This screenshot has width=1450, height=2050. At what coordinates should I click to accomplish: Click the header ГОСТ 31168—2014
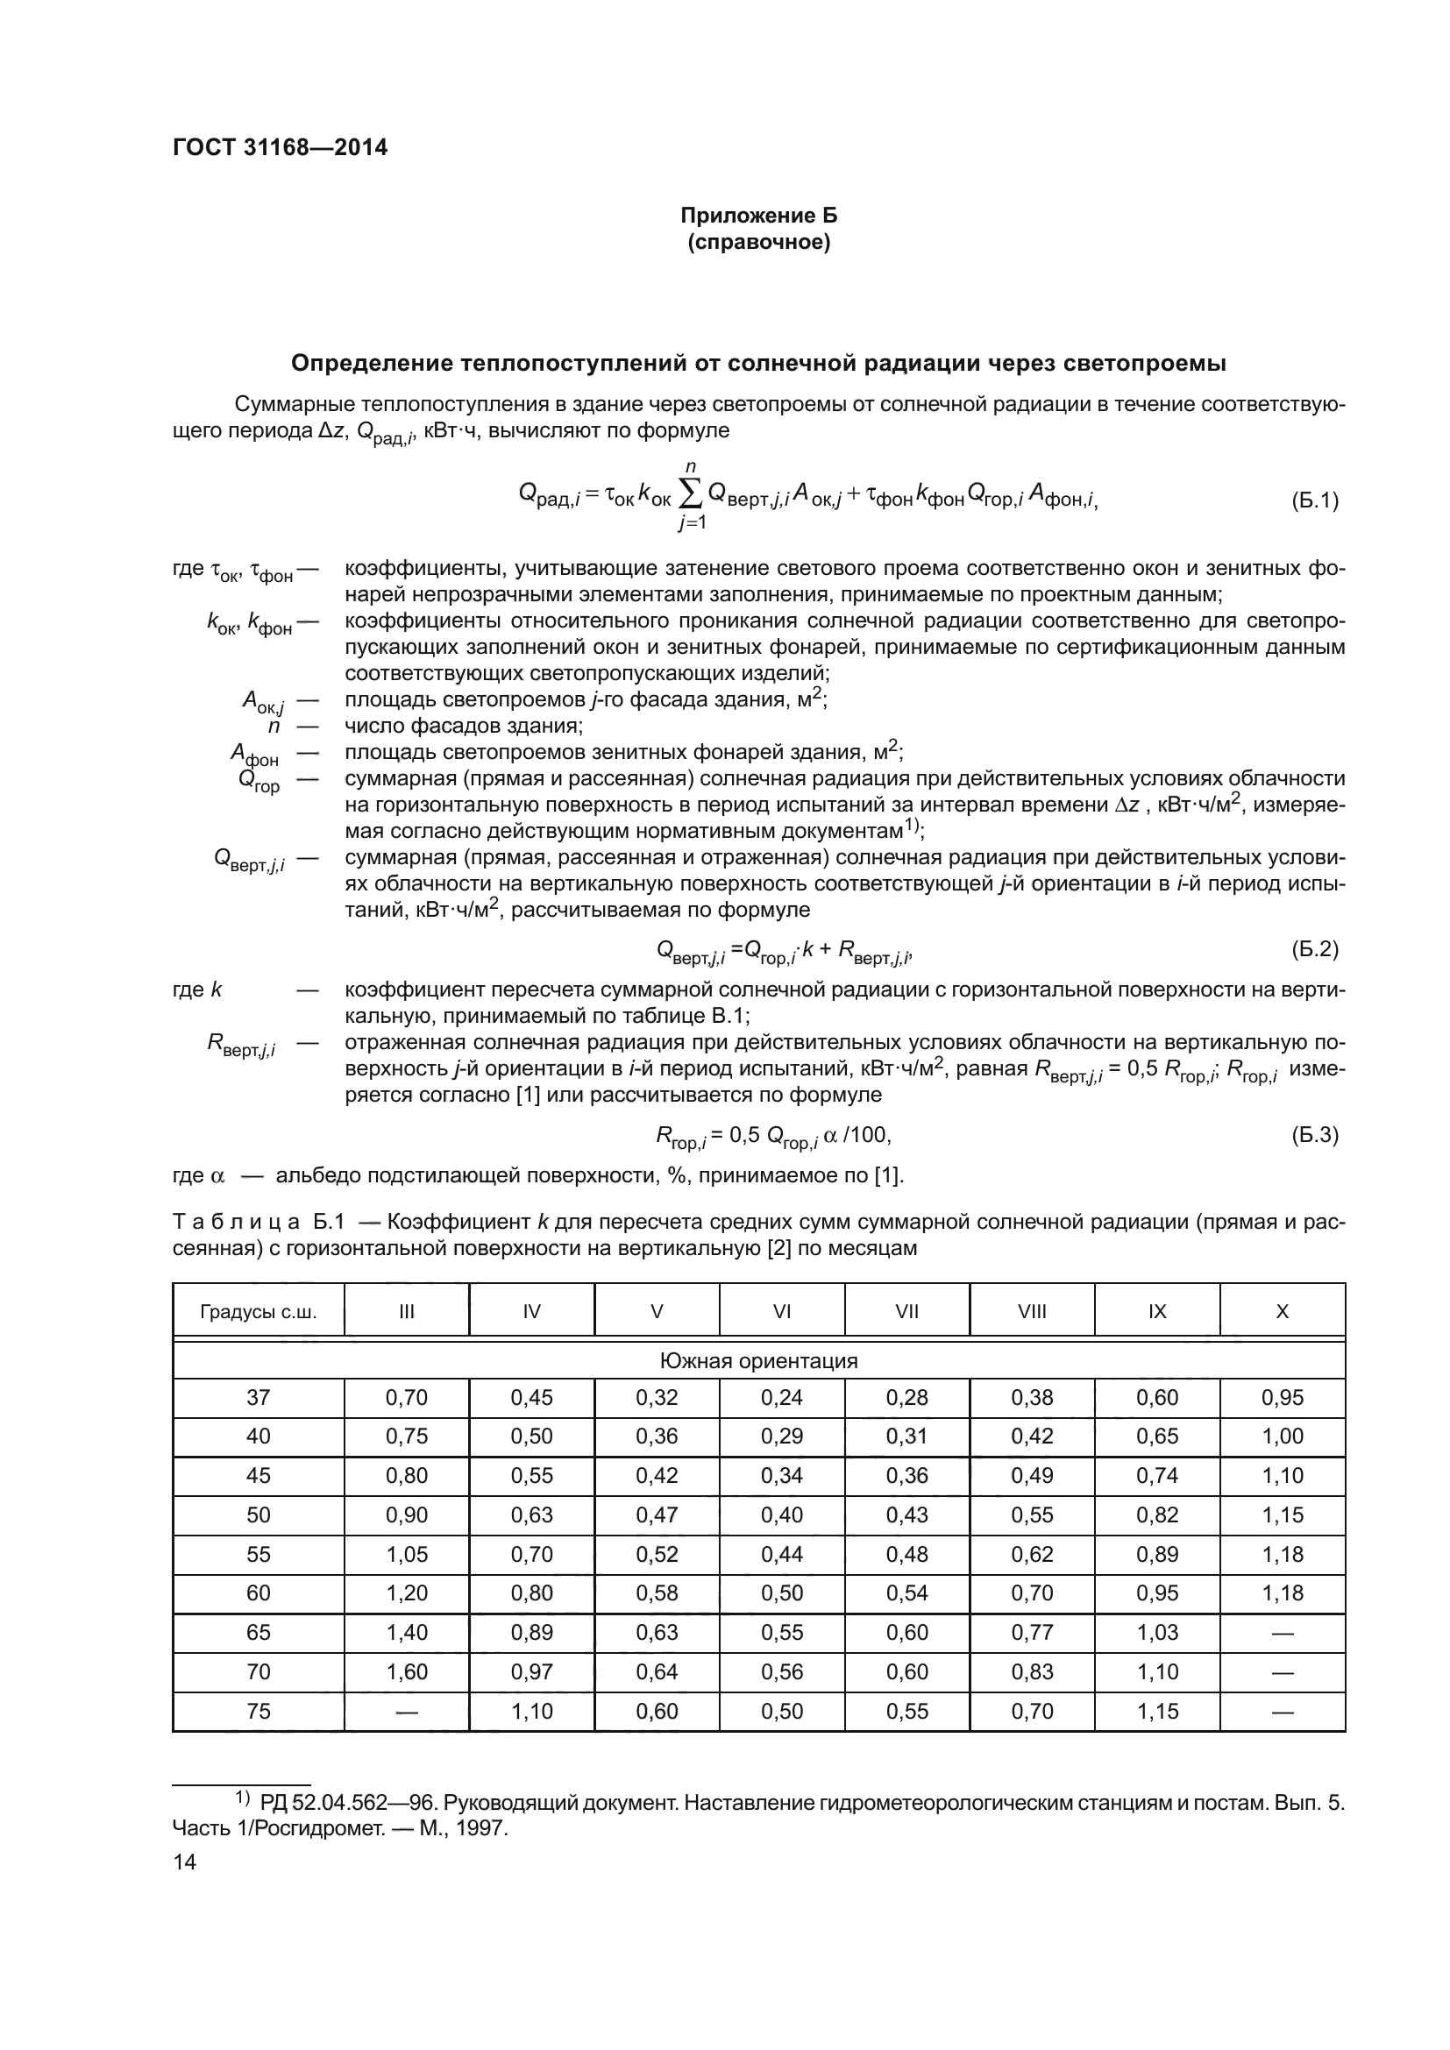(280, 148)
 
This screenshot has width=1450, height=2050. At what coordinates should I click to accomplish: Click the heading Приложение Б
(758, 216)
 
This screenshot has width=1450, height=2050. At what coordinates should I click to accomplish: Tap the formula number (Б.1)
(1314, 501)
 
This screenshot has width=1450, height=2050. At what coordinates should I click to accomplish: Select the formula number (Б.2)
(1314, 949)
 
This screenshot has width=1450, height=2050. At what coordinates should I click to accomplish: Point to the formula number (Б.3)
(1314, 1135)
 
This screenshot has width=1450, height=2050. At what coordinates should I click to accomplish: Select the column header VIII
(1031, 1312)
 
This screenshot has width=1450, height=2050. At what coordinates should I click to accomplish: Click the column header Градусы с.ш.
(258, 1312)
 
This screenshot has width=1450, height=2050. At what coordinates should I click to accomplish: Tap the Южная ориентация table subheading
(758, 1361)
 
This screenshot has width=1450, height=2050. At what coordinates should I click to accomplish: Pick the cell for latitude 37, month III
(406, 1397)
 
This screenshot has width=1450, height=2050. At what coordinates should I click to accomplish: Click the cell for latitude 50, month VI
(781, 1515)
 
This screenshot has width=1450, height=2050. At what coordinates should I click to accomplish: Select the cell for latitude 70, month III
(406, 1672)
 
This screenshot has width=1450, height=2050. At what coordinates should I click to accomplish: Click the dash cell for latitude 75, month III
(406, 1712)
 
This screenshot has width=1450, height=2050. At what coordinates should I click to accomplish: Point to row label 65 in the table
(258, 1633)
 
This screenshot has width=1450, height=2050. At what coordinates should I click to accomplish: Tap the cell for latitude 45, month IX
(1156, 1476)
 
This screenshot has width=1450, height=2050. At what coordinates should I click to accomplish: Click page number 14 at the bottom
(184, 1862)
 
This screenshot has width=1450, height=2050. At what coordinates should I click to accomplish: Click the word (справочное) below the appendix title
(758, 242)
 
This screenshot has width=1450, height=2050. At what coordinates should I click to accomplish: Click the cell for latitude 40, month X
(1283, 1436)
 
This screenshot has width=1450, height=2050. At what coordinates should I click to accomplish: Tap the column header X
(1283, 1312)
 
